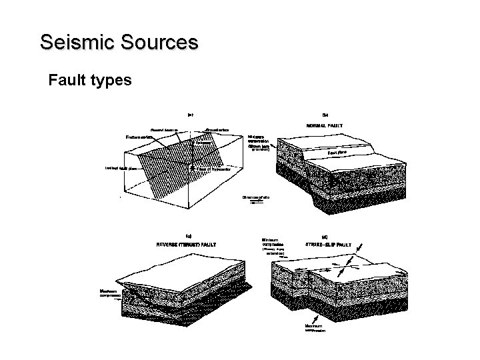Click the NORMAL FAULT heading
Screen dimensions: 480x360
[x=325, y=125]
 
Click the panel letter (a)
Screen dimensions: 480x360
[x=190, y=114]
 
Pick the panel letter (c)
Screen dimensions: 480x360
[x=189, y=235]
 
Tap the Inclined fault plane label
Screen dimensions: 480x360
[x=120, y=168]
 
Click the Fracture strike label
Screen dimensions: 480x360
[x=141, y=137]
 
